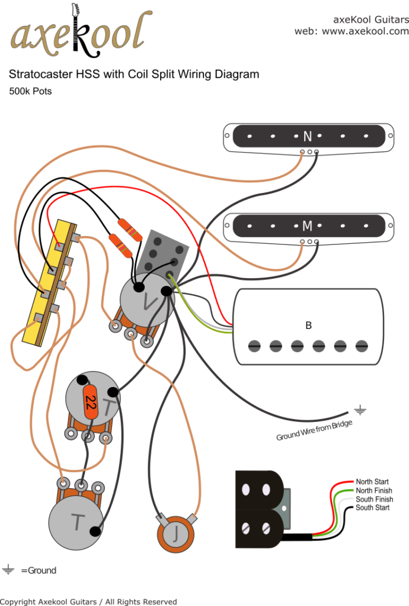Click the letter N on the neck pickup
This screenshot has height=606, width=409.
(x=307, y=137)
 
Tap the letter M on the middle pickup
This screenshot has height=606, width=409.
(x=307, y=226)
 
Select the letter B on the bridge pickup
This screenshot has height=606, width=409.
(x=308, y=325)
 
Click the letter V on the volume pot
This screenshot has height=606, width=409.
(x=148, y=304)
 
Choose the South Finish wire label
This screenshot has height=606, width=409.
(x=373, y=499)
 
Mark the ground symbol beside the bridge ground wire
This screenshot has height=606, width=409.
(x=359, y=408)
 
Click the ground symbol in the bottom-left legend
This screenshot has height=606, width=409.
(x=8, y=570)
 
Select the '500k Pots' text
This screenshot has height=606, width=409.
(x=30, y=91)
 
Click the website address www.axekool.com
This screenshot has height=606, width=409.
(x=365, y=31)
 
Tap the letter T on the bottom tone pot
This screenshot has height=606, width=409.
(x=77, y=522)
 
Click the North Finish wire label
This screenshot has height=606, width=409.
(x=373, y=491)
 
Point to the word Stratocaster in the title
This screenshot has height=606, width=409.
(x=37, y=75)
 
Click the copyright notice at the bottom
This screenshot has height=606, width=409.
(x=89, y=601)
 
